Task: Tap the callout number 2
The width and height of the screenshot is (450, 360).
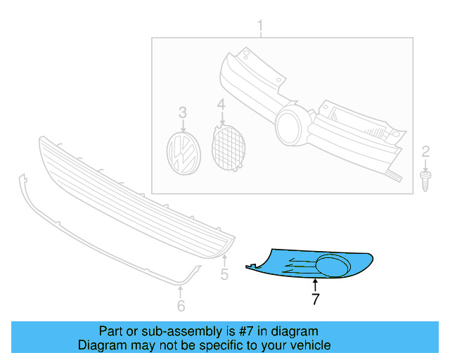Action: pos(425,150)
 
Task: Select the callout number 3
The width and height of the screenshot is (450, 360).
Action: pos(183,112)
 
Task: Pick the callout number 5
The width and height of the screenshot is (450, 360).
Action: pos(224,274)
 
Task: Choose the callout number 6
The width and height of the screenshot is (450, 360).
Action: pos(181,305)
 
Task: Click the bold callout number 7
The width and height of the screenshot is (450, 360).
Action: pos(316,299)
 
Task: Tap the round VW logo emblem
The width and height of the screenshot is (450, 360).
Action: pos(183,153)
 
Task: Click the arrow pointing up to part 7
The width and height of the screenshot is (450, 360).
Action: pos(316,284)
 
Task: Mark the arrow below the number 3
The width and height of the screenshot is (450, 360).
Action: pos(183,127)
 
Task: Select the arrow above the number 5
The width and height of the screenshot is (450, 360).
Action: pos(224,261)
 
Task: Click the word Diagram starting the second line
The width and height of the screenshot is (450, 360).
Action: pos(101,345)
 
